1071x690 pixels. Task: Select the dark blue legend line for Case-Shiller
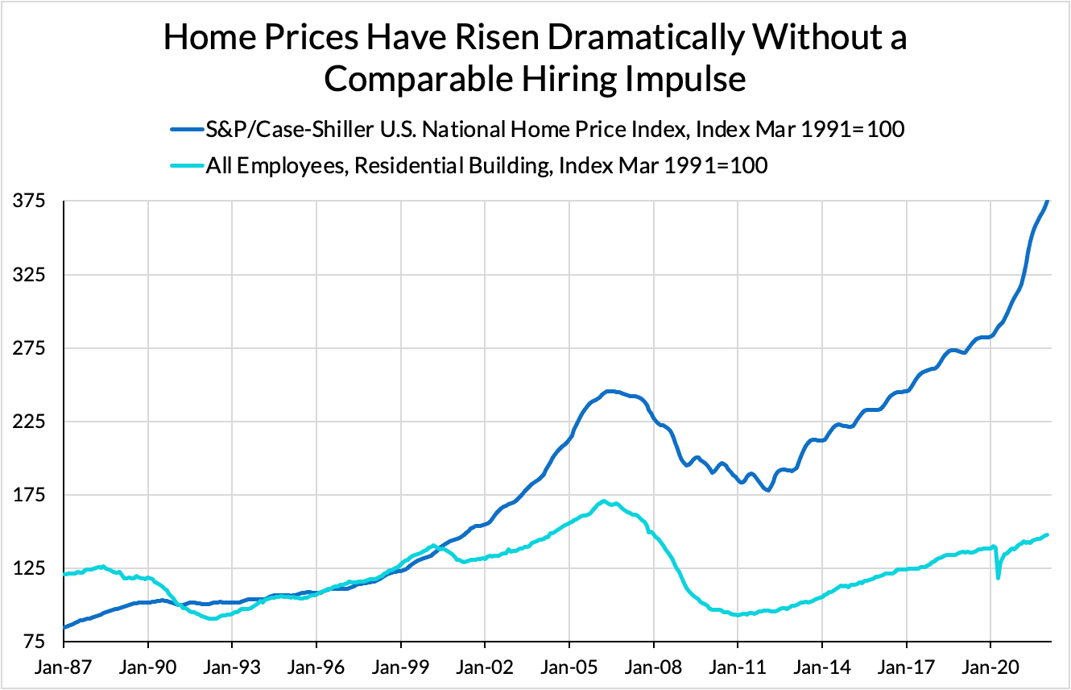click(187, 128)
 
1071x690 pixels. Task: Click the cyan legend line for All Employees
click(187, 166)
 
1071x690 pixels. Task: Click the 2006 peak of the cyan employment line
click(604, 501)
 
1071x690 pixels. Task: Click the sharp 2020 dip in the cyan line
click(999, 577)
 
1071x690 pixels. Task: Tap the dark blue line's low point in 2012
click(769, 490)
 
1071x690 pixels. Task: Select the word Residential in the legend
click(409, 166)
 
